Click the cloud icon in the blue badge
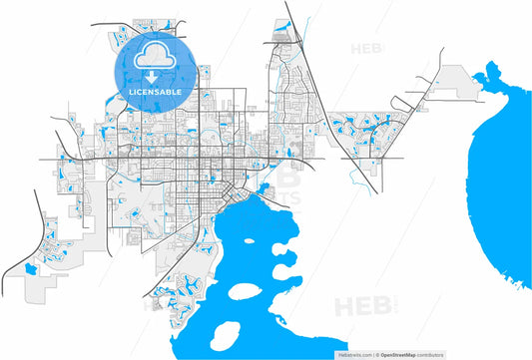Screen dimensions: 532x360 click(x=152, y=55)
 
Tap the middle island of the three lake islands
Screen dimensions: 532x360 click(x=248, y=293)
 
